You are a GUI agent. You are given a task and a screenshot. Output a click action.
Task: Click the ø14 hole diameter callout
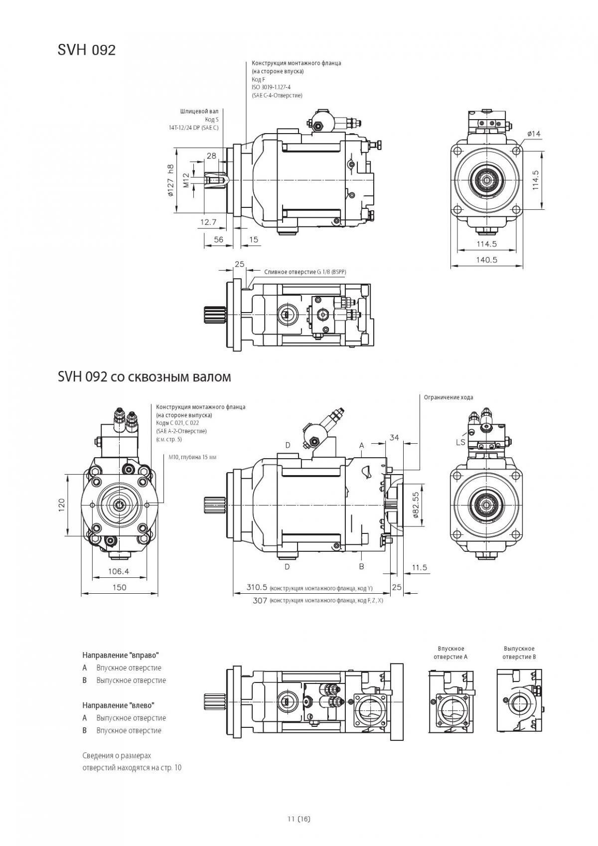[533, 133]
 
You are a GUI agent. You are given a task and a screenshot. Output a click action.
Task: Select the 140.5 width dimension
[487, 260]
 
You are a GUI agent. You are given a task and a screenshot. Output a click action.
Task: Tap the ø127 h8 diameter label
[170, 180]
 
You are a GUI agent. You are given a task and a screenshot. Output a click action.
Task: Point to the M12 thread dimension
[186, 180]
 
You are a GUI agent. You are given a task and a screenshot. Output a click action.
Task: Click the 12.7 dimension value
[208, 222]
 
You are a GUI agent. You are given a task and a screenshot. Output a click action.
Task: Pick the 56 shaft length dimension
[219, 239]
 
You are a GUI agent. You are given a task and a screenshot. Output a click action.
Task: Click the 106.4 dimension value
[119, 571]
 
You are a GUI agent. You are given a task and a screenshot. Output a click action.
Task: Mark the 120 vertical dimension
[62, 505]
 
